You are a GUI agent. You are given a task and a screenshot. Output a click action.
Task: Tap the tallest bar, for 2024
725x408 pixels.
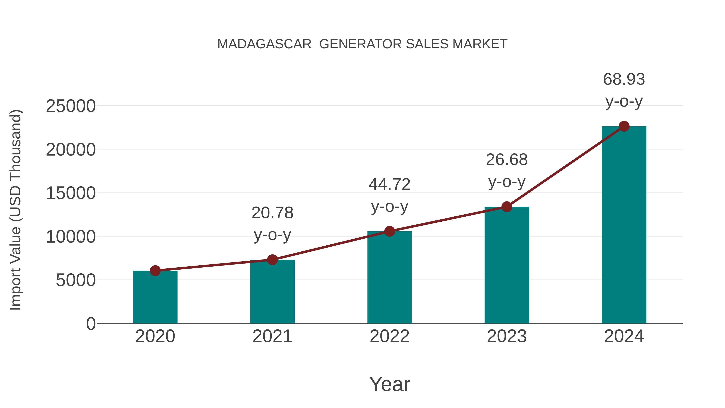tap(624, 225)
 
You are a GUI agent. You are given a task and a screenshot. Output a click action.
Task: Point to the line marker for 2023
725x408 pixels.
tap(507, 207)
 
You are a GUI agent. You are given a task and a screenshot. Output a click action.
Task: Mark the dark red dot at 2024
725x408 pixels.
tap(624, 126)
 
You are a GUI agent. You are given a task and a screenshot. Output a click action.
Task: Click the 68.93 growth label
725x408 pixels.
tap(624, 79)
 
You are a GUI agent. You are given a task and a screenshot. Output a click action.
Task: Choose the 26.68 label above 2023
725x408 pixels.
tap(507, 160)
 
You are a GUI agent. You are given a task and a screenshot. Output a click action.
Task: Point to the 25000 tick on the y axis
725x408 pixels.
tap(71, 106)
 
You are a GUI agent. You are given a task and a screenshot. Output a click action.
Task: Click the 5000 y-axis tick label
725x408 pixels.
tap(76, 280)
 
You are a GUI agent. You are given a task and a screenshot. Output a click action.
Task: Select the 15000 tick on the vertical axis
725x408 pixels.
tap(71, 193)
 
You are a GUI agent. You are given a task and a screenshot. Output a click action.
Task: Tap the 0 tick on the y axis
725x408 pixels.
tap(91, 324)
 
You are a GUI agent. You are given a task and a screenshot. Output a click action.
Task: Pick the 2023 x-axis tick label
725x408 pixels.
tap(507, 336)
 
